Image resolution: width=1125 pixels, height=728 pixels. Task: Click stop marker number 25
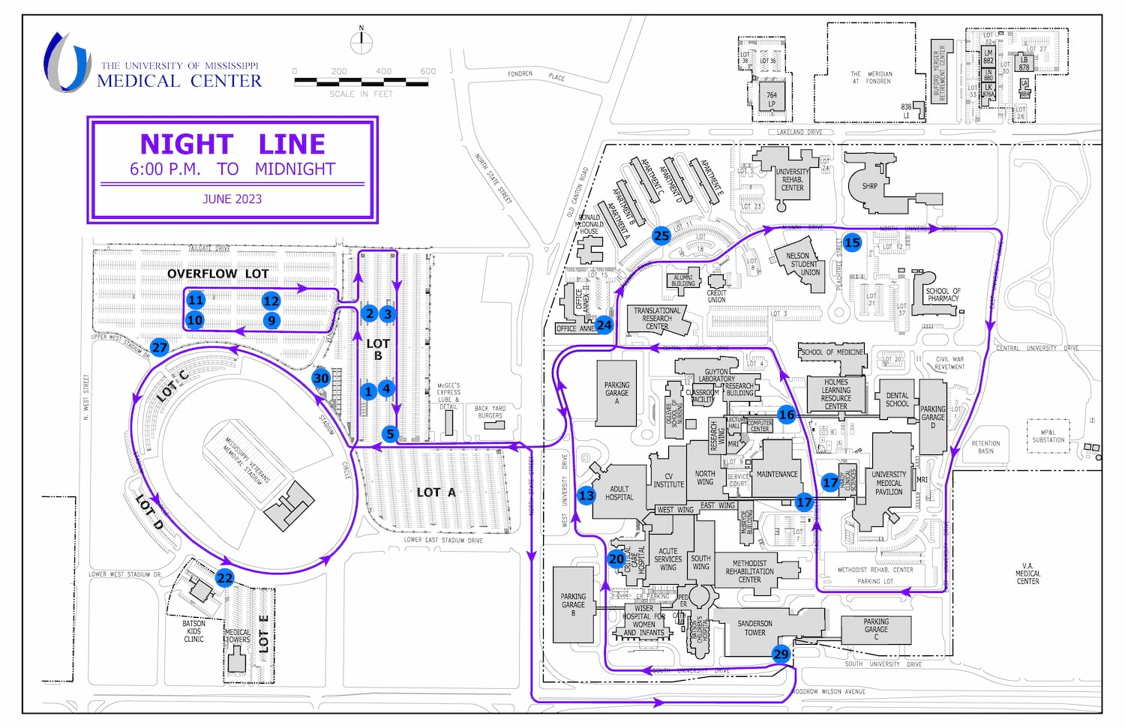661,235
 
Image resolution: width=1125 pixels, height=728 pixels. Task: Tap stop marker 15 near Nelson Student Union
852,242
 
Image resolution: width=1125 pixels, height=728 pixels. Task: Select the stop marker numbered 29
781,654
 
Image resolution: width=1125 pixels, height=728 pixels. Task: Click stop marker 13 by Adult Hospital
586,495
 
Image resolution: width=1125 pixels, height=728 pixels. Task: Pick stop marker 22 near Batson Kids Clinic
224,577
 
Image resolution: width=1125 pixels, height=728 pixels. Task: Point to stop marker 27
160,346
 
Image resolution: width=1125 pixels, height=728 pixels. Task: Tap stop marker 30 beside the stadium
321,378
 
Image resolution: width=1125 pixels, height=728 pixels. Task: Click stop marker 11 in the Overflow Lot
196,300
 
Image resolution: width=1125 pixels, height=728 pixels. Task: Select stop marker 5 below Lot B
389,433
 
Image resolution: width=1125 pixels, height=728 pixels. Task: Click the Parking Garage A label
616,393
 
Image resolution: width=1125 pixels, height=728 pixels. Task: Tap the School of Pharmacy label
943,295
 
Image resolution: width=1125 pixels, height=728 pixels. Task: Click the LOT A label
436,493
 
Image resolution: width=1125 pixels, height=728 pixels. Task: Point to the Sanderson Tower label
754,628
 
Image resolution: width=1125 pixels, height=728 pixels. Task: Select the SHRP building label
869,186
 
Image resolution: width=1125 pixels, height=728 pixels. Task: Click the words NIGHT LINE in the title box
232,144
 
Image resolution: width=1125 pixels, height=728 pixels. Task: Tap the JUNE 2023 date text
232,199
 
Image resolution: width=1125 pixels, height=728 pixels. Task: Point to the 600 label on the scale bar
427,71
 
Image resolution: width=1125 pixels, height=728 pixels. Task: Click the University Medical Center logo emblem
68,62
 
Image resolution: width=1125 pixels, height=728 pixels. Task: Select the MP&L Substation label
1048,436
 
